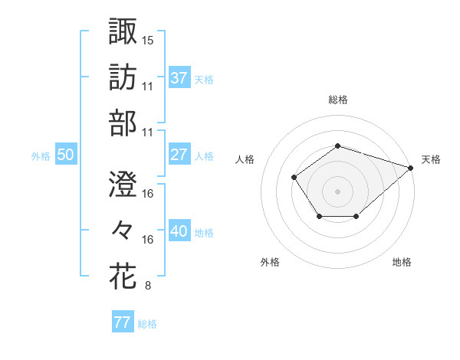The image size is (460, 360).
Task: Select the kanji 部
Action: [123, 123]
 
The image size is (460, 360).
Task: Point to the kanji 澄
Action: [123, 184]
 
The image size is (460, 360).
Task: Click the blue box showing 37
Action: [179, 77]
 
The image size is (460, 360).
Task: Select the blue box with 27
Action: [179, 155]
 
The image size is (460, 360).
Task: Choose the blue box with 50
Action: [65, 155]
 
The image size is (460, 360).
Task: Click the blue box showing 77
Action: [122, 322]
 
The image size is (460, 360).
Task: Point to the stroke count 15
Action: [148, 39]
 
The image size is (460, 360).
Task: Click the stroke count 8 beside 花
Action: [147, 286]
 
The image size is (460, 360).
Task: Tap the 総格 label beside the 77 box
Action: [147, 324]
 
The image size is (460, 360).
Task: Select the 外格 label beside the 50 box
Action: [41, 156]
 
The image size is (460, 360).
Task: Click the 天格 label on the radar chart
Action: [431, 159]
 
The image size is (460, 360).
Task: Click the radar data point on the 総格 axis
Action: [337, 146]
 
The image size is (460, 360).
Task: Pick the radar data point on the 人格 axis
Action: [294, 178]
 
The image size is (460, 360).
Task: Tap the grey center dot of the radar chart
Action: [337, 191]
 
